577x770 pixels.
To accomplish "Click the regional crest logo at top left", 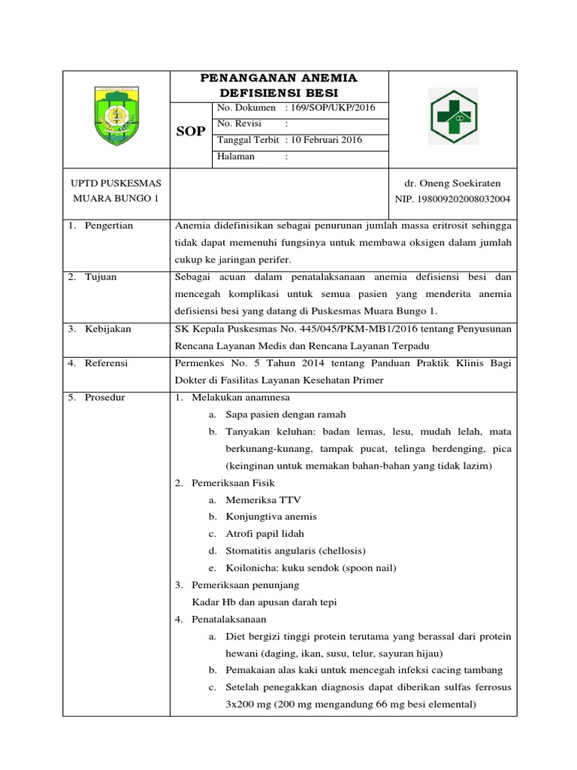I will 115,117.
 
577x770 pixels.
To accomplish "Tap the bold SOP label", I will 190,132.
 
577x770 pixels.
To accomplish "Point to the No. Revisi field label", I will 238,124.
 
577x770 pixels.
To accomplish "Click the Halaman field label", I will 236,156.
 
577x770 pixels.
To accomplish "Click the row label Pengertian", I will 108,225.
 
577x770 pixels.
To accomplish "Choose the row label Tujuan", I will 101,277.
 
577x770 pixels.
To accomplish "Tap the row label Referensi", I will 107,362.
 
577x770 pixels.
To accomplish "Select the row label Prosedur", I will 105,397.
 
